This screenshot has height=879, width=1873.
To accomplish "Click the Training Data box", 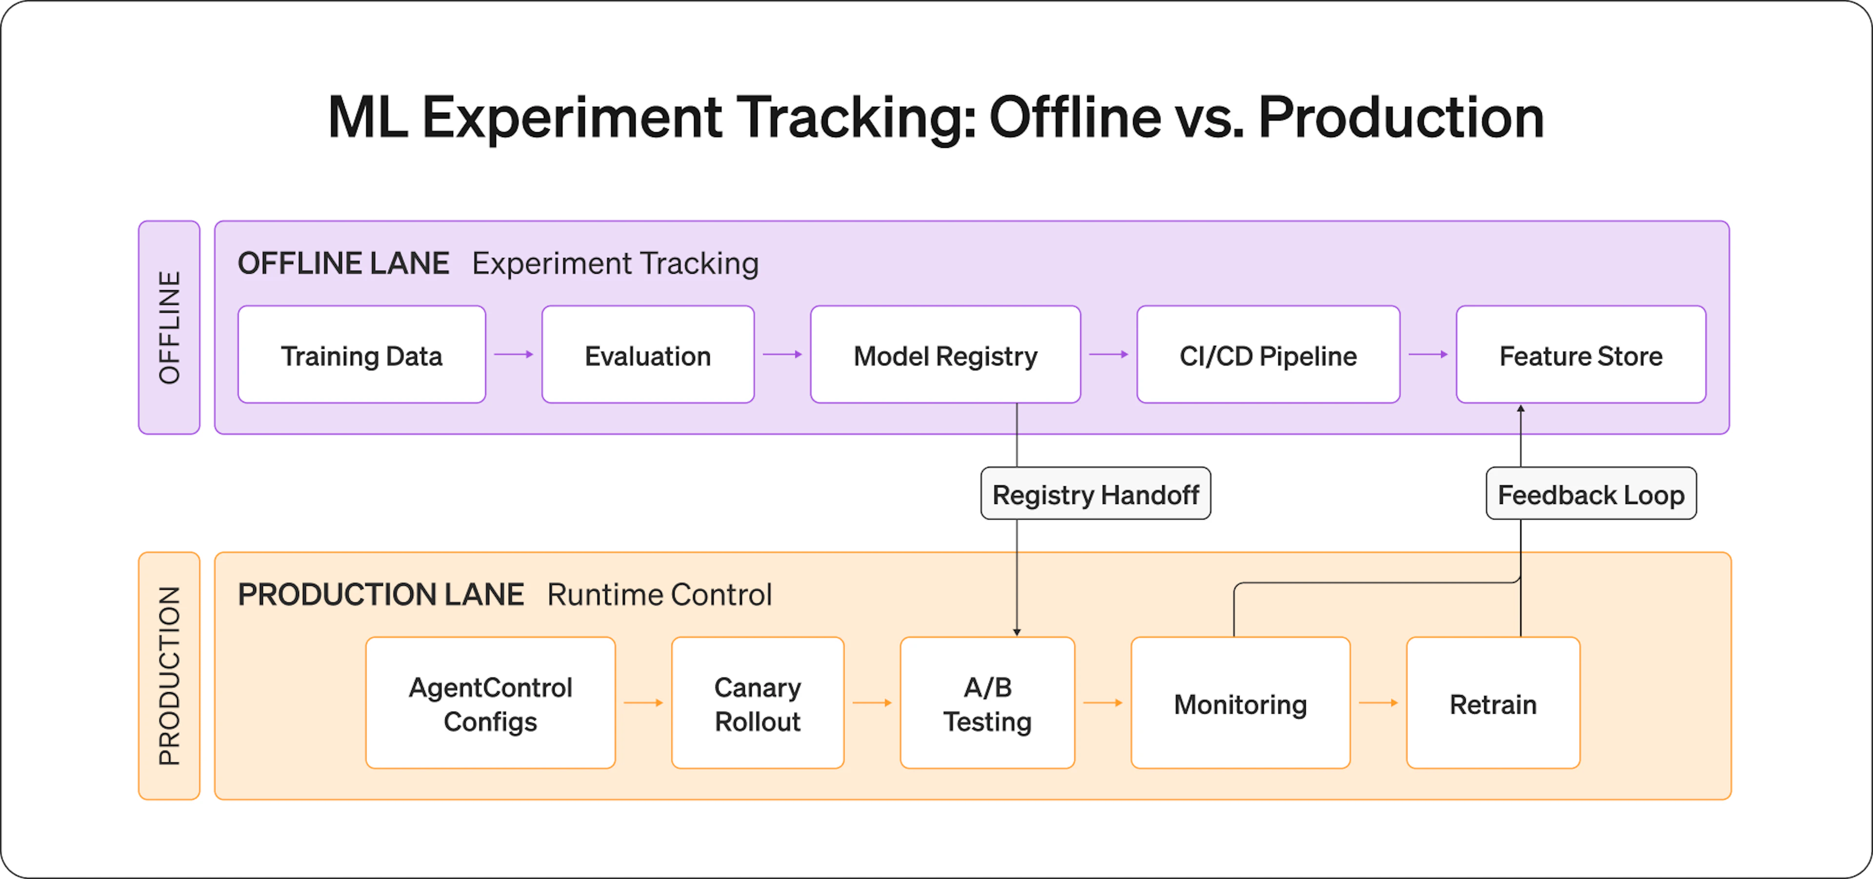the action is (x=361, y=354).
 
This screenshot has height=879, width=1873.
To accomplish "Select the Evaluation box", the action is (x=648, y=354).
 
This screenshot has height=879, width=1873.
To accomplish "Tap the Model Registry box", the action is (x=945, y=354).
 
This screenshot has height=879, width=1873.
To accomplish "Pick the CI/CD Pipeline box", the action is (x=1268, y=354).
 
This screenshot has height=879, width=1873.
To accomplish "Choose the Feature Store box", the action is (x=1581, y=354).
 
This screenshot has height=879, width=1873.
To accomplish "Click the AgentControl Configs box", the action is (x=490, y=702).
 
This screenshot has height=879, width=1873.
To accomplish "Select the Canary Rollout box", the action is (x=757, y=702).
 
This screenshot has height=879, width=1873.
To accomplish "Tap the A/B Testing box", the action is (x=987, y=702).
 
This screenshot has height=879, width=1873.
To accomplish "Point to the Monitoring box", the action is (x=1240, y=702).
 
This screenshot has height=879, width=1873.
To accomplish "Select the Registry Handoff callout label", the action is (x=1096, y=493).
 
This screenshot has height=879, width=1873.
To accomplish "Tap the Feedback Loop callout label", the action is (x=1591, y=493).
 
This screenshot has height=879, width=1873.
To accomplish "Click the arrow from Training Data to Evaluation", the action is (x=513, y=354).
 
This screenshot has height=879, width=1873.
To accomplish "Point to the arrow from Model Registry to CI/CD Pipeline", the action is (x=1109, y=354).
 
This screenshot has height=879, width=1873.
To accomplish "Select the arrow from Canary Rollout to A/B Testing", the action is (x=872, y=702).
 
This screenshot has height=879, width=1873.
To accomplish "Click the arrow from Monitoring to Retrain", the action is (x=1378, y=702).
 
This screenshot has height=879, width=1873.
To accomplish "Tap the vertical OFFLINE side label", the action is (x=169, y=327).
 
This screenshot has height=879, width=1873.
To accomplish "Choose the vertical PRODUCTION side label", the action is (x=169, y=676).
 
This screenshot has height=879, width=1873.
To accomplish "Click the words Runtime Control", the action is (x=659, y=595).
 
